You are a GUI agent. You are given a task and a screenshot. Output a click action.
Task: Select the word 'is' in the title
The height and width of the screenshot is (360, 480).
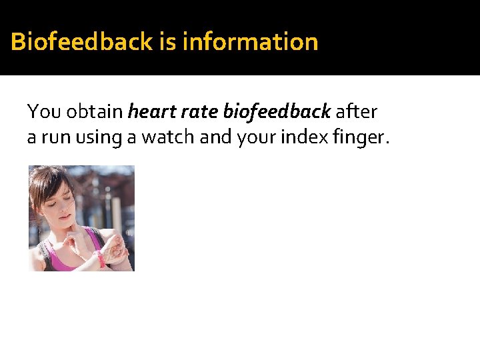coord(167,42)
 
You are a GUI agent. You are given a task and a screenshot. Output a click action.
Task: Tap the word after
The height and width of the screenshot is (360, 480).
coord(357,111)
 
